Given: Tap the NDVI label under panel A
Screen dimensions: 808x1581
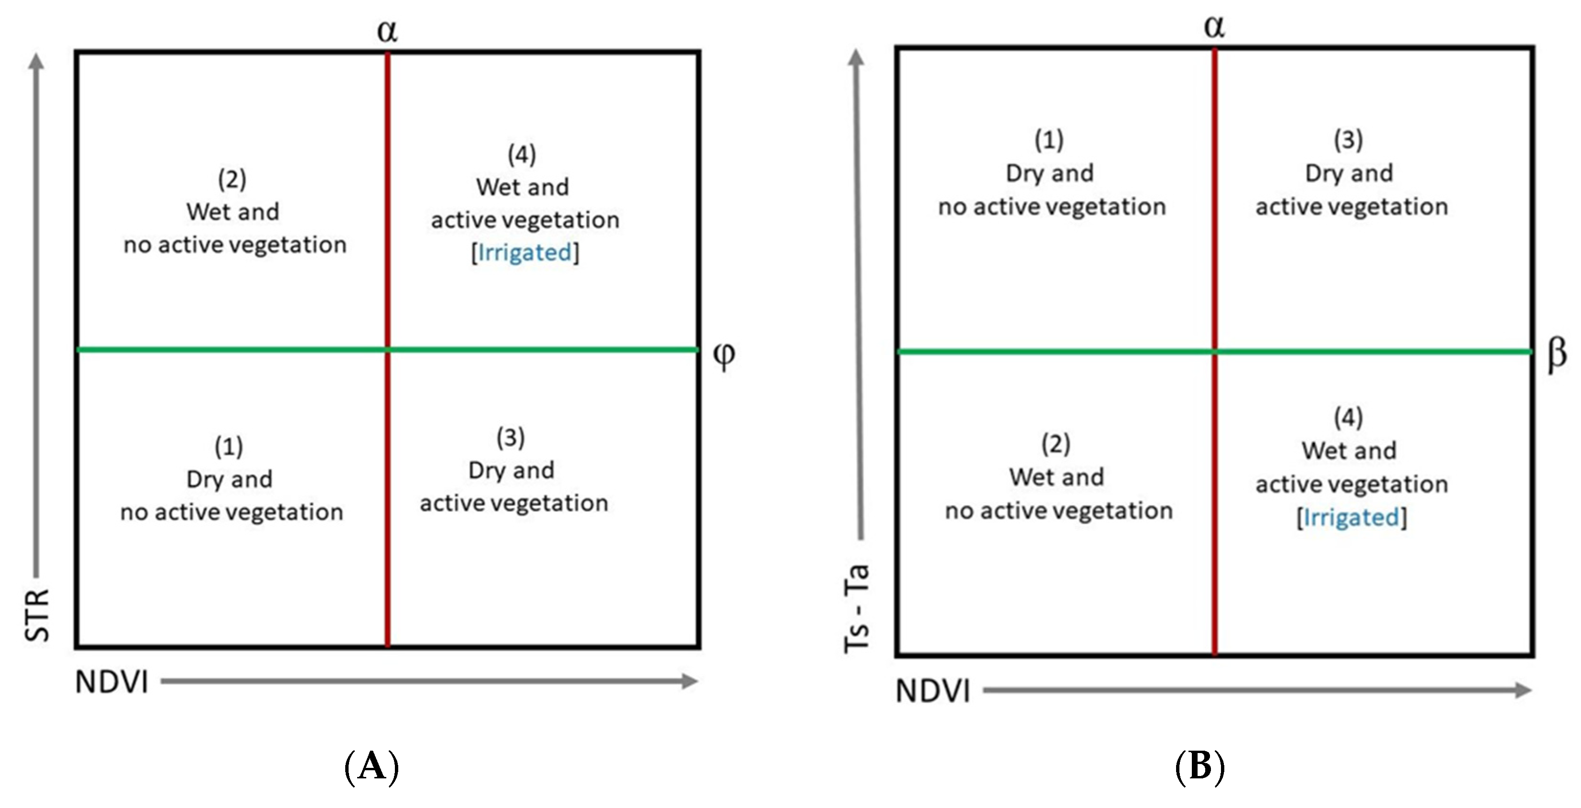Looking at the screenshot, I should [x=112, y=681].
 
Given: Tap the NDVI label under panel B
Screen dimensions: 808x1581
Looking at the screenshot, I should [x=933, y=691].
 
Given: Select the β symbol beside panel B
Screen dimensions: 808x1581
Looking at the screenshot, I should [x=1557, y=354].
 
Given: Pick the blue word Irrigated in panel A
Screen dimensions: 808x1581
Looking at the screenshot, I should [x=525, y=252].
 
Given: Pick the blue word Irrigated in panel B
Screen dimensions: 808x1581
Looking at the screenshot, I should [x=1351, y=517].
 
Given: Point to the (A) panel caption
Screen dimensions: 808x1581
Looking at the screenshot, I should [x=372, y=767].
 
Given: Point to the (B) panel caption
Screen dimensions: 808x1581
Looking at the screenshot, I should [x=1200, y=767].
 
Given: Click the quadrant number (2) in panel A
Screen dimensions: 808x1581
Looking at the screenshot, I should [x=232, y=179].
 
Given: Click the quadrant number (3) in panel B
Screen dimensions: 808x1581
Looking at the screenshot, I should [x=1348, y=140].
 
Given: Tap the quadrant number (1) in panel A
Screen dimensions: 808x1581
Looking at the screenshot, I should [x=229, y=446].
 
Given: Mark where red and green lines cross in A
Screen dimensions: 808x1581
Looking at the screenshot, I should [x=387, y=349].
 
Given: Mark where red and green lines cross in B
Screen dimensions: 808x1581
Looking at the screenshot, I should [x=1215, y=351].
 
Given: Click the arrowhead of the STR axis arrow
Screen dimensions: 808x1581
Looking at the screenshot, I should [x=37, y=60].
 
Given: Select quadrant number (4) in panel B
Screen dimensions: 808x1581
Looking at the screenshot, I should [x=1348, y=418].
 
